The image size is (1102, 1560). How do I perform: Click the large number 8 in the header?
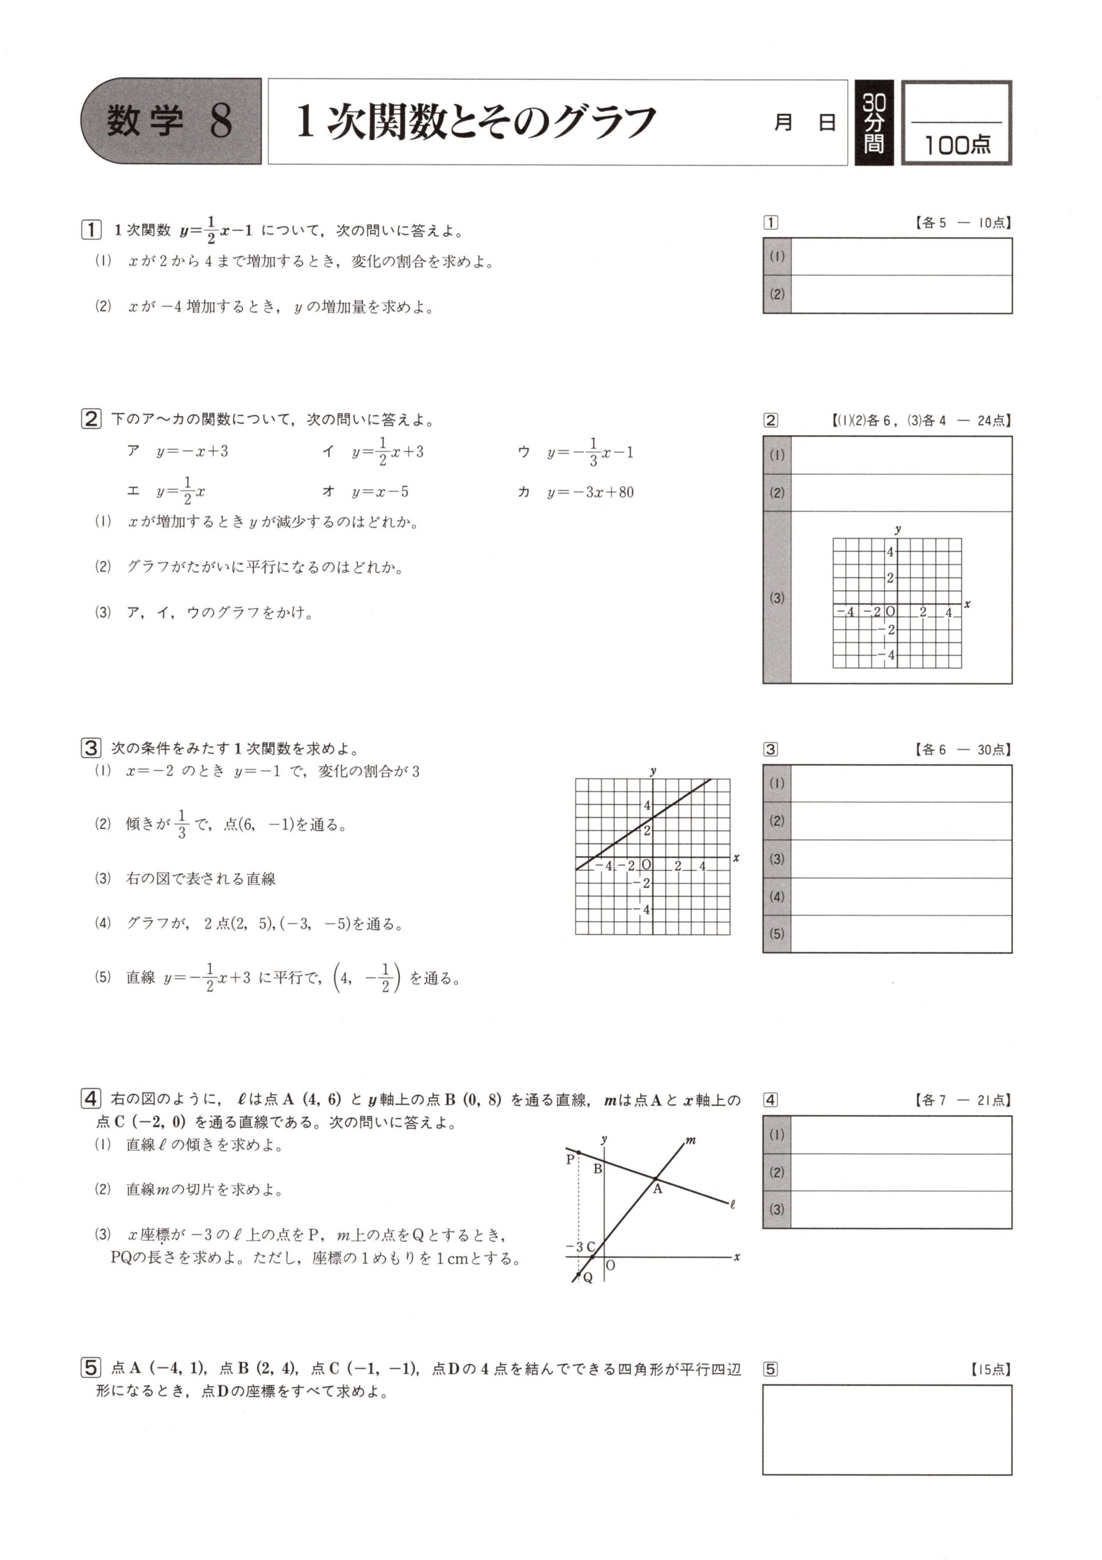(x=221, y=122)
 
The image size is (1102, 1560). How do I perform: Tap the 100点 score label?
(x=956, y=144)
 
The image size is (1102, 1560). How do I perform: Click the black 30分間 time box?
(x=873, y=123)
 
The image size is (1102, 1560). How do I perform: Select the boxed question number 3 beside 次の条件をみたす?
(x=91, y=749)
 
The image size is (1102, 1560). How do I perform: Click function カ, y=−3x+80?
(x=576, y=492)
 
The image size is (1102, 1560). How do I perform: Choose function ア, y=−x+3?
(x=179, y=452)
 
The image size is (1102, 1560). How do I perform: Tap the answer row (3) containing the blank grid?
(x=901, y=598)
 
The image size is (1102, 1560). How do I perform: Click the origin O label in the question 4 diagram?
(x=610, y=1265)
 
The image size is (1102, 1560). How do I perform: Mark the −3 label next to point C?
(x=575, y=1247)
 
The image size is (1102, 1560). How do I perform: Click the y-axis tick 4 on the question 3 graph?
(x=647, y=806)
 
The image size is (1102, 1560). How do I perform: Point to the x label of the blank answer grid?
(x=967, y=604)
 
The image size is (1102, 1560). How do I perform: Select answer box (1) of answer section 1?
(x=901, y=257)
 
